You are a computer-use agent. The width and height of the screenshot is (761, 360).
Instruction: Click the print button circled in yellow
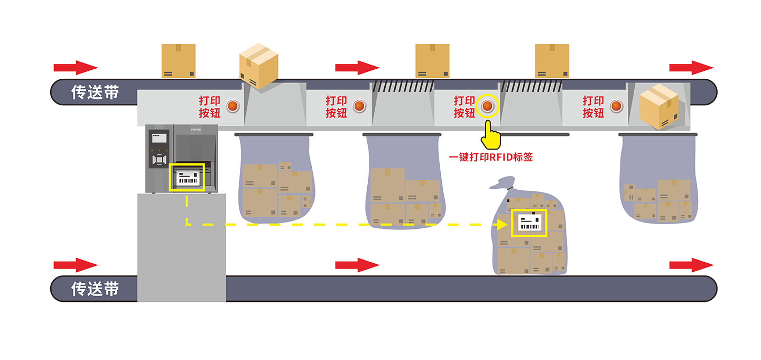(487, 106)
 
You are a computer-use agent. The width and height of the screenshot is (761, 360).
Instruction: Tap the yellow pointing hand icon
(490, 135)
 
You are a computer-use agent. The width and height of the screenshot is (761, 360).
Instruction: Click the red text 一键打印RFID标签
(490, 157)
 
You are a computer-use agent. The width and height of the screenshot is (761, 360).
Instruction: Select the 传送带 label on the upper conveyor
(95, 92)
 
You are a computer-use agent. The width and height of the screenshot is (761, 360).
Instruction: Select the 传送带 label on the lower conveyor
(95, 289)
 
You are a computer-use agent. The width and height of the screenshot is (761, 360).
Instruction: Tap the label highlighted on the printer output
(187, 177)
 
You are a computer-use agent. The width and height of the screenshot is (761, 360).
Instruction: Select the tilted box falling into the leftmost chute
(258, 66)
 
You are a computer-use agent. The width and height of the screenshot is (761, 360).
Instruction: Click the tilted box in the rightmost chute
(658, 106)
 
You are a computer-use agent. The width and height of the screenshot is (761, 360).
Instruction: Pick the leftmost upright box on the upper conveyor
(179, 61)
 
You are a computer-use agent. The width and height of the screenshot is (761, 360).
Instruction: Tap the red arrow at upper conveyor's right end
(691, 68)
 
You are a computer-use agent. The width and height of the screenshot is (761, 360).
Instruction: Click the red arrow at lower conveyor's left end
(76, 265)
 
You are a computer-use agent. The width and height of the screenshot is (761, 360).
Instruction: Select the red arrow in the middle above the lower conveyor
(357, 265)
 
